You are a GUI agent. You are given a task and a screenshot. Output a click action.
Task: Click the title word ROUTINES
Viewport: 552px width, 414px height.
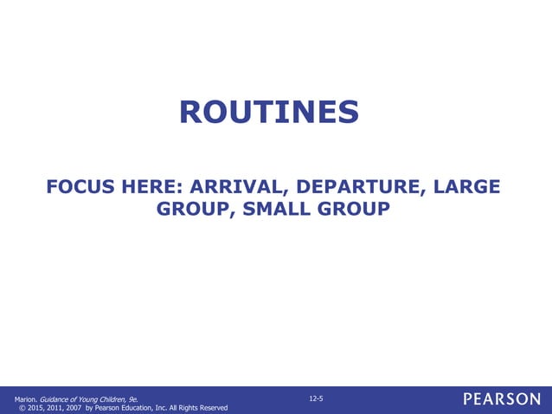pyautogui.click(x=268, y=111)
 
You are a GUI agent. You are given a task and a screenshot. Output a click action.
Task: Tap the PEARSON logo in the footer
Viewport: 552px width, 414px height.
pyautogui.click(x=501, y=399)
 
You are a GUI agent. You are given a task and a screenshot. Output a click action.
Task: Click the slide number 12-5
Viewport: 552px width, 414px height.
pyautogui.click(x=316, y=398)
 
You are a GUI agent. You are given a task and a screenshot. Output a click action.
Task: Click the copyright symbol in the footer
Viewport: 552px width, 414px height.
pyautogui.click(x=22, y=408)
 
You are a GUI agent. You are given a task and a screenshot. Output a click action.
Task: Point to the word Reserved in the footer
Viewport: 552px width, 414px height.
pyautogui.click(x=212, y=408)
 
